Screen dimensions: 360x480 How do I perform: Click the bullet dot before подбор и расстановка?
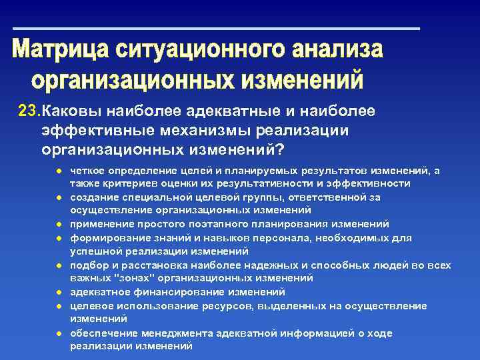[x=59, y=265]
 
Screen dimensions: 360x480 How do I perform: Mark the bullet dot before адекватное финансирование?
[x=59, y=292]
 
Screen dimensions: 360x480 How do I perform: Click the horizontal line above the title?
[x=217, y=29]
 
